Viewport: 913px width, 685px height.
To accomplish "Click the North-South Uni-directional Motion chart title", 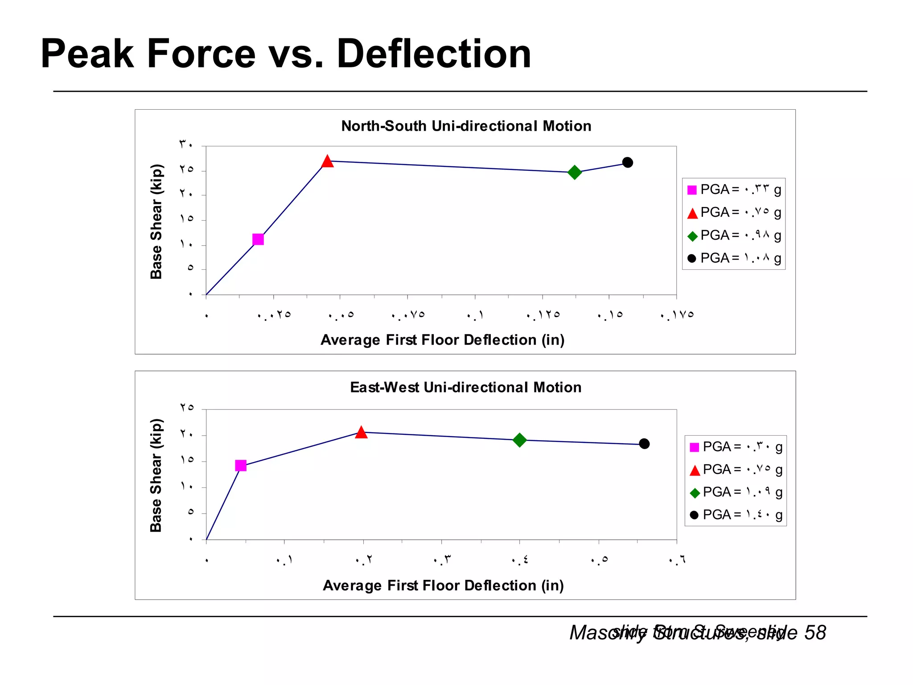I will [466, 126].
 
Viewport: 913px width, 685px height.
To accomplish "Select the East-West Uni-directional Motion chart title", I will [465, 387].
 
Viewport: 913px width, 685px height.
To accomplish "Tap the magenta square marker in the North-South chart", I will [258, 239].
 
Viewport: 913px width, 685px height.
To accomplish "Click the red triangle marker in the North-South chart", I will [328, 161].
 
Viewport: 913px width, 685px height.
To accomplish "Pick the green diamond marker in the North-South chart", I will [575, 172].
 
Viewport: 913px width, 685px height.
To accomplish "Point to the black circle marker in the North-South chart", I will [627, 162].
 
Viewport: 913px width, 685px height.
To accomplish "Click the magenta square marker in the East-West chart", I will [241, 466].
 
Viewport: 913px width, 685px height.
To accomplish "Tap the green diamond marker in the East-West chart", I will [519, 440].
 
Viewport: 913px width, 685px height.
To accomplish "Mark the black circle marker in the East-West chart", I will [644, 444].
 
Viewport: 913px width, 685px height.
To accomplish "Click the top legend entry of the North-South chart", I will [734, 190].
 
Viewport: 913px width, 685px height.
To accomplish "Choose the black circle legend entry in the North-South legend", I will [734, 258].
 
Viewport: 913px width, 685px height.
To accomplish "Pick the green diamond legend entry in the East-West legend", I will [736, 492].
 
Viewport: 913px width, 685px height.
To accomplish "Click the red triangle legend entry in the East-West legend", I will [736, 470].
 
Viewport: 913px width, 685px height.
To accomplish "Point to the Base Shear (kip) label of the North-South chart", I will [156, 222].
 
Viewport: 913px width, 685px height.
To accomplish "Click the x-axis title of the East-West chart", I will [443, 586].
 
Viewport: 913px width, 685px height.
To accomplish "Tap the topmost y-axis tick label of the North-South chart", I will [186, 144].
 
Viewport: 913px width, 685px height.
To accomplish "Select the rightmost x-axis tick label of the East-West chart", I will [677, 560].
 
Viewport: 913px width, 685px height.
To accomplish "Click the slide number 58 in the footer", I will [815, 633].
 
